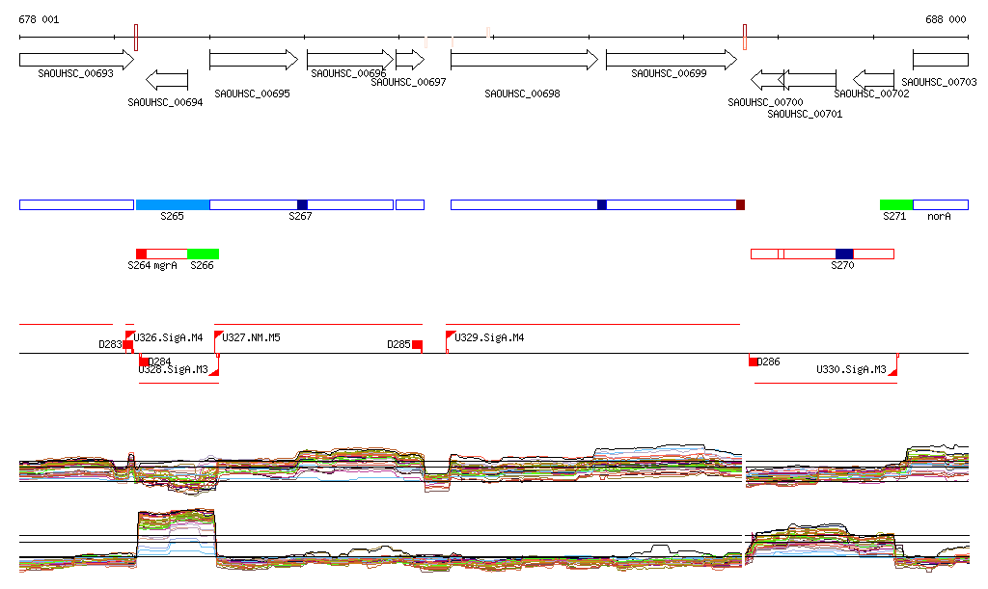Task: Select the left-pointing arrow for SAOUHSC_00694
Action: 167,79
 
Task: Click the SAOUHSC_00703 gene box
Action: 940,60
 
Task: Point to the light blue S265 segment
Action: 173,204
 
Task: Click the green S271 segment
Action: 895,204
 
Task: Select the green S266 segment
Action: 203,254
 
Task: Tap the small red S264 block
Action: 141,254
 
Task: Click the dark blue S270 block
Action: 844,254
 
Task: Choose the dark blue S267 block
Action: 302,204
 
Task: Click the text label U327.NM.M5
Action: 252,337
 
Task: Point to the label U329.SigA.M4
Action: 489,337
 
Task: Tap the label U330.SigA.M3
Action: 851,369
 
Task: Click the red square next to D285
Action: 417,344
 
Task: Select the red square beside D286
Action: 754,361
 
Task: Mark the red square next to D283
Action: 127,344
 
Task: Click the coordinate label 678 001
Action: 39,19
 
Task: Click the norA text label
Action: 939,217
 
